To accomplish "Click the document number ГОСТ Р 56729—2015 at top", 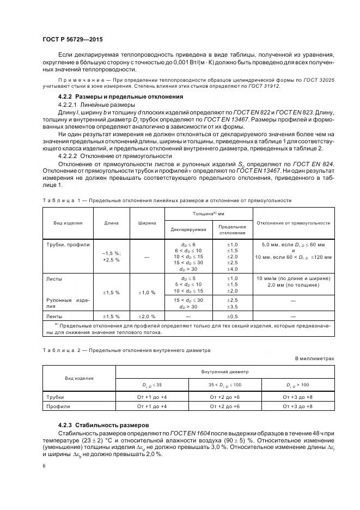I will [72, 39].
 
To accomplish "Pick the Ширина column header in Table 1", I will [147, 223].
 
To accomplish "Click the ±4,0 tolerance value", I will [232, 269].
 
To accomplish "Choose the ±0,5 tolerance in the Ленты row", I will [232, 316].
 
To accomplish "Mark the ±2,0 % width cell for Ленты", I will [147, 316].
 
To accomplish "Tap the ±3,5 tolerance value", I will [232, 307].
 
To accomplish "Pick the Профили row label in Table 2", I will [57, 406].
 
